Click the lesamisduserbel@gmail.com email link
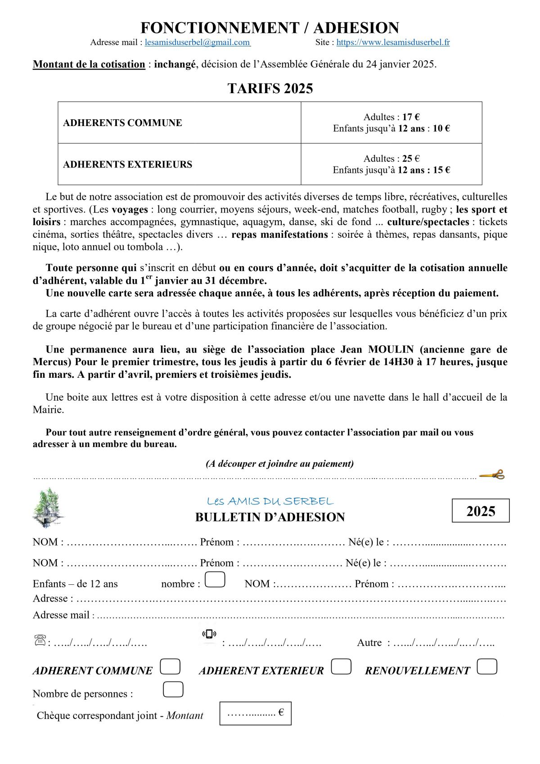198,42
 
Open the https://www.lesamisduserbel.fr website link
393,42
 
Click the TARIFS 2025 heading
270,88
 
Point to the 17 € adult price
410,117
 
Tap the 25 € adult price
410,158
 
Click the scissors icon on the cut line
492,475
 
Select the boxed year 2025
481,511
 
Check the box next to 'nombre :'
215,579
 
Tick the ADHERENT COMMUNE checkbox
170,666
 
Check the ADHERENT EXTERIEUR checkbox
341,666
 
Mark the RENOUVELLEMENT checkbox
486,666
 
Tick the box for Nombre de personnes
173,689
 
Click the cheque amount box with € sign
255,713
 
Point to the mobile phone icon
209,634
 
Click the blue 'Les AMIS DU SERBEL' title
270,501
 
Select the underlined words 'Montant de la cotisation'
89,64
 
